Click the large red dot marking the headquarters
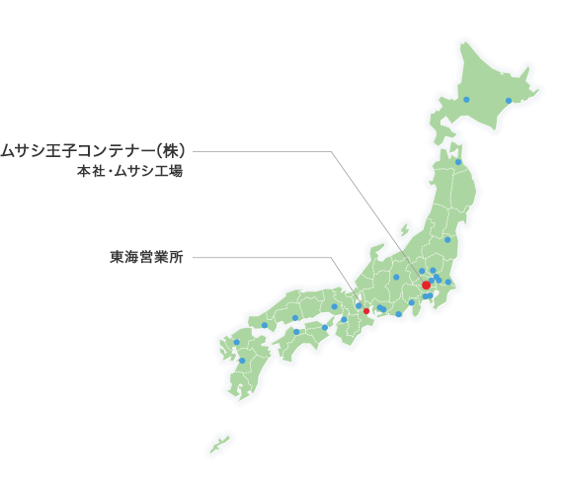click(426, 285)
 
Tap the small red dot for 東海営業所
click(366, 311)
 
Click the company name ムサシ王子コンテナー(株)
click(94, 151)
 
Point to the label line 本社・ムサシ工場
click(130, 171)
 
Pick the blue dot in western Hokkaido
click(466, 100)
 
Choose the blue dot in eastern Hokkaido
click(509, 100)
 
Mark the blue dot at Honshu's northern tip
click(458, 162)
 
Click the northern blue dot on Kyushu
click(236, 342)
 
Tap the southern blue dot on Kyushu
click(242, 361)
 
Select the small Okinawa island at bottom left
click(219, 445)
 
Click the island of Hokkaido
click(484, 94)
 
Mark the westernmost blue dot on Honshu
click(265, 325)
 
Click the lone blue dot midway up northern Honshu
click(447, 239)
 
